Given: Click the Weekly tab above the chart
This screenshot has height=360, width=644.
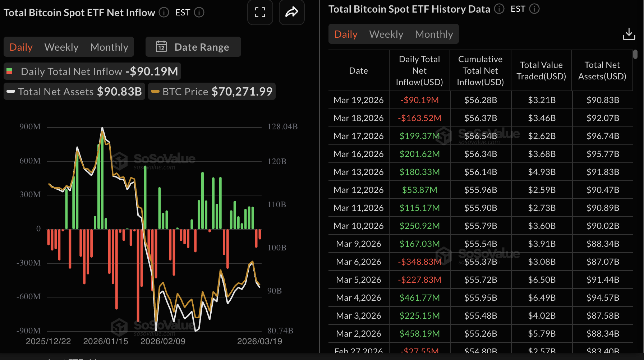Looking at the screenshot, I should (x=61, y=47).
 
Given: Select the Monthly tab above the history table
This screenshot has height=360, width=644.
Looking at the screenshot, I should (x=434, y=34).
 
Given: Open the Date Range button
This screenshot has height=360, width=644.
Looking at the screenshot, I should (x=193, y=47).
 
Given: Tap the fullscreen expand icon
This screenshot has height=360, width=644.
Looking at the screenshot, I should (x=260, y=13).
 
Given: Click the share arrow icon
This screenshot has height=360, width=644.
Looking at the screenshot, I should (x=291, y=13).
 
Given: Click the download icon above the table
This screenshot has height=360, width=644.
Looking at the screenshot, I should (x=629, y=34).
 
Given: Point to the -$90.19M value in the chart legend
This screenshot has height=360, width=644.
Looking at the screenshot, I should (x=152, y=71).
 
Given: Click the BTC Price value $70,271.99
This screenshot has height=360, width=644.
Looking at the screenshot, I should (x=242, y=92).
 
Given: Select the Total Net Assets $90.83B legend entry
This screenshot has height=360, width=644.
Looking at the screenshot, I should (x=74, y=92).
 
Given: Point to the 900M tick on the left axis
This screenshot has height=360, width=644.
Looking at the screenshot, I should (x=30, y=127).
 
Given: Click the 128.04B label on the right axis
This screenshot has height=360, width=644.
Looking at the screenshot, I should (x=282, y=127).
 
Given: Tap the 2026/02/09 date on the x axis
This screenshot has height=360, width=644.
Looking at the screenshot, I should (x=163, y=341).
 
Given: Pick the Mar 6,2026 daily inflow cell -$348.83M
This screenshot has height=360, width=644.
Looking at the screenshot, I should (x=419, y=262).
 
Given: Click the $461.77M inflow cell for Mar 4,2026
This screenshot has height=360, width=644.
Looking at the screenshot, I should (x=419, y=298).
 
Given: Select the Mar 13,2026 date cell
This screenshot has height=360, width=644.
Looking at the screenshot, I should (x=358, y=172).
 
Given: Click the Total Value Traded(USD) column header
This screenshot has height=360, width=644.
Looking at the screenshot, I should (x=541, y=71).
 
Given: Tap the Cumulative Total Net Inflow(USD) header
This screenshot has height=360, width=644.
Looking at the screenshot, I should (x=480, y=71).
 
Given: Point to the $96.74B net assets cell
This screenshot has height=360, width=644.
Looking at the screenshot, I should (x=603, y=136).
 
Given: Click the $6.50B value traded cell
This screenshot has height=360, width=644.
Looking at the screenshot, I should (x=542, y=280).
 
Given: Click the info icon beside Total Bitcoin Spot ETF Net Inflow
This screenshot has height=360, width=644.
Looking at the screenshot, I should (x=164, y=13).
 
